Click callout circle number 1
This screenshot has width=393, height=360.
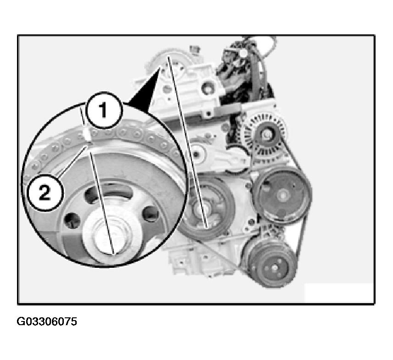(104, 111)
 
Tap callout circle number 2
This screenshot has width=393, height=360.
(45, 193)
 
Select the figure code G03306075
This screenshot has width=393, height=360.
(47, 321)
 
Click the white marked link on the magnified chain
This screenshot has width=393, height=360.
(88, 135)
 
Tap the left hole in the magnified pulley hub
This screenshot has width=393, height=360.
(72, 221)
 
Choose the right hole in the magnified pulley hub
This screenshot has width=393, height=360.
(151, 214)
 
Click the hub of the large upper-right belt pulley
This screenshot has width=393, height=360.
(283, 195)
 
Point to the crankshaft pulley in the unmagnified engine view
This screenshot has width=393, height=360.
(208, 208)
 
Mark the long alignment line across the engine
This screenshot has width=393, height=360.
(187, 142)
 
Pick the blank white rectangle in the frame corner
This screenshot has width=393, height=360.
(338, 293)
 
